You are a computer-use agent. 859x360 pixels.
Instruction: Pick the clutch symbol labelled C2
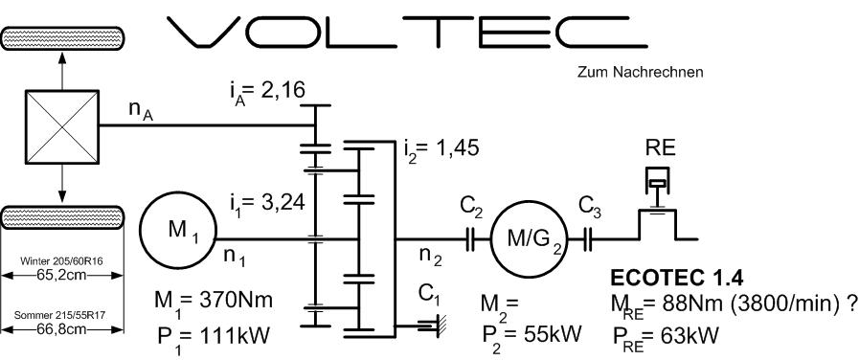click(x=470, y=238)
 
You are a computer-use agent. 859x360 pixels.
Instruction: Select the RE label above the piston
click(x=659, y=149)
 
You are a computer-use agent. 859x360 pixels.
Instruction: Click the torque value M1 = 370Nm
click(x=215, y=302)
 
